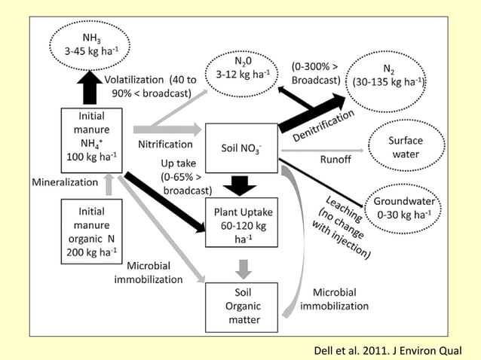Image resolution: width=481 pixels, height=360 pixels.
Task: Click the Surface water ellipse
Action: click(405, 146)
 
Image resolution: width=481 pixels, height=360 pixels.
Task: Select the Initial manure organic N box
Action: click(91, 231)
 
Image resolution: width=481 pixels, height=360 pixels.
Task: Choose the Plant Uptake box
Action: click(242, 224)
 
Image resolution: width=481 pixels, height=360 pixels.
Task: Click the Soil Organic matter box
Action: click(242, 307)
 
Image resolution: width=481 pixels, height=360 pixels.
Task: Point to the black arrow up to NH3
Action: click(92, 87)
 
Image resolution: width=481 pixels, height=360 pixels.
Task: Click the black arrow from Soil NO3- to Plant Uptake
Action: click(242, 183)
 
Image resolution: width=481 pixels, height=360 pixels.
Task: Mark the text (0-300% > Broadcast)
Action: click(316, 74)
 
